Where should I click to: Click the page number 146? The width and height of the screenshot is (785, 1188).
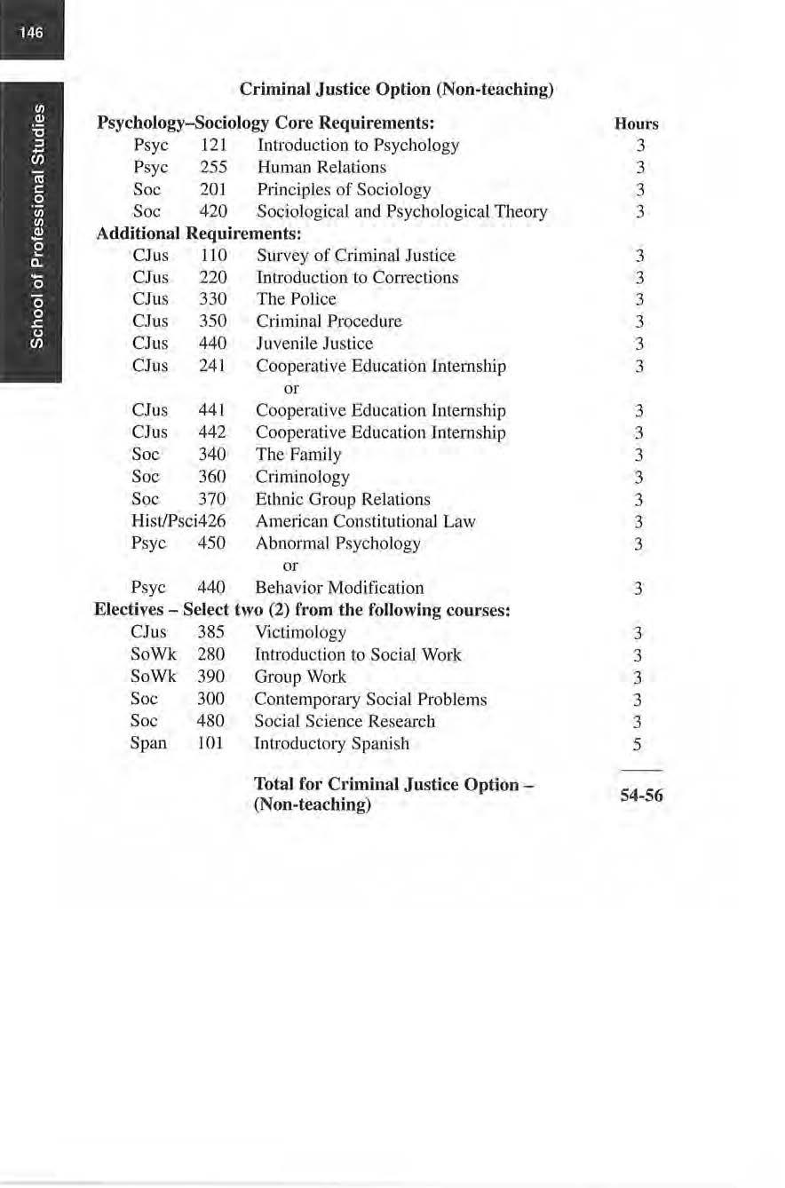[x=31, y=33]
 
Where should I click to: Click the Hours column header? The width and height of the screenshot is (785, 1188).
[x=636, y=124]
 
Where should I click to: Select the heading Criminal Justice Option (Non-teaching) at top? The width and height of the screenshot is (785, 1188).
[x=397, y=90]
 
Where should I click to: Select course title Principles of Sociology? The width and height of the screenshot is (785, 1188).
[x=343, y=189]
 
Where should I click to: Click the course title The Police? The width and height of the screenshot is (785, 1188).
[x=296, y=299]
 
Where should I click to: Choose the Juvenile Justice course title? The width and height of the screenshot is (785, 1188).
[x=314, y=344]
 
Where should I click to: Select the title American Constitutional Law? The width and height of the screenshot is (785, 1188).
[x=366, y=521]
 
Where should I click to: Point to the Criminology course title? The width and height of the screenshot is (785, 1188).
[x=302, y=477]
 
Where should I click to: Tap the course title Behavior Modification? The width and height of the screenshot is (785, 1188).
[x=339, y=588]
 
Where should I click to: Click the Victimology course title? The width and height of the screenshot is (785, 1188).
[x=300, y=632]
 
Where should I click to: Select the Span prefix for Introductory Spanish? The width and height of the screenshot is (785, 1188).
[x=148, y=743]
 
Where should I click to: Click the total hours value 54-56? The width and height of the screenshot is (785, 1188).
[x=641, y=796]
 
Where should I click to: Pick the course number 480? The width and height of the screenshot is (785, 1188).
[x=210, y=721]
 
